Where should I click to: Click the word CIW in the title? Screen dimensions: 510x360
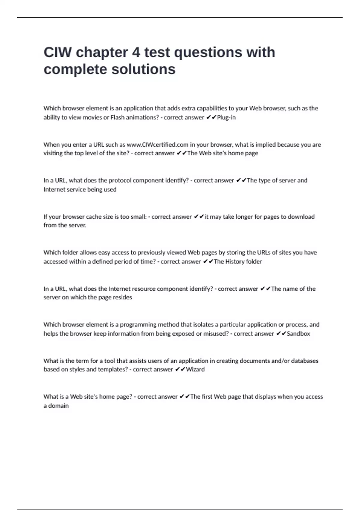click(58, 52)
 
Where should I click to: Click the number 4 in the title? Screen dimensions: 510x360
click(136, 52)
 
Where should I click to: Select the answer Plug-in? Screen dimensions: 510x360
click(226, 117)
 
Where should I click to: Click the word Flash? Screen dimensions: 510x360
click(117, 117)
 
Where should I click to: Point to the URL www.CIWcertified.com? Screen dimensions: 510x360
click(157, 145)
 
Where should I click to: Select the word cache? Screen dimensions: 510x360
click(94, 217)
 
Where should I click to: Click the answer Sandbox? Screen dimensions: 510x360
click(298, 333)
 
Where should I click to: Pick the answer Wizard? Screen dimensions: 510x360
click(195, 369)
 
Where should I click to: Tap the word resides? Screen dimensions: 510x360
click(122, 297)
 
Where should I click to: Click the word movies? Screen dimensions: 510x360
click(92, 117)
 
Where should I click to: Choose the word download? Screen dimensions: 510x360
click(301, 217)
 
